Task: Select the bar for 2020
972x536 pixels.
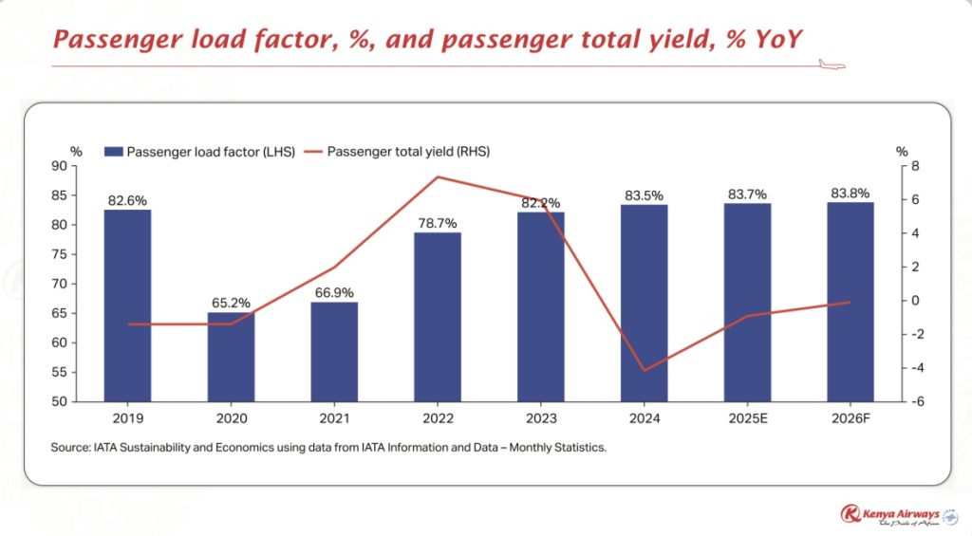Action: click(231, 356)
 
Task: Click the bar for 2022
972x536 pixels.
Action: click(438, 316)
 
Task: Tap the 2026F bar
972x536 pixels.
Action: click(850, 301)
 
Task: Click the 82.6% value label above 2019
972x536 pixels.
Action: click(127, 201)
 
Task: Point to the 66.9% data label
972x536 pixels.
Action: click(334, 293)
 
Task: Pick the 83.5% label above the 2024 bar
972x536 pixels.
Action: click(644, 195)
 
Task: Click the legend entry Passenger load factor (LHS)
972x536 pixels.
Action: click(199, 152)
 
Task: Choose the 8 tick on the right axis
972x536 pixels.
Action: click(903, 166)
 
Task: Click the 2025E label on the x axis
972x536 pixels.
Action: click(747, 417)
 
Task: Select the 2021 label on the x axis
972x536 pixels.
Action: click(334, 417)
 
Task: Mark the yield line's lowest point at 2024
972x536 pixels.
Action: click(644, 370)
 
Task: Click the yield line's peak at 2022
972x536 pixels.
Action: click(438, 176)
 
